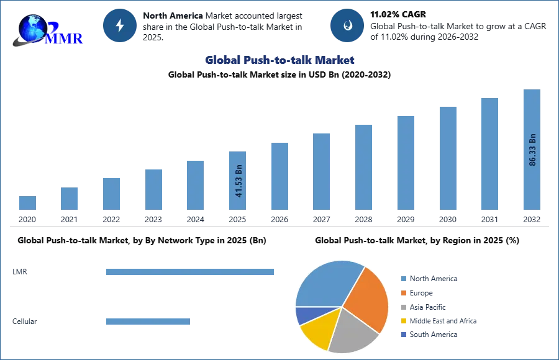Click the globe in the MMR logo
coord(32,27)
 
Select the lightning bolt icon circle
coord(120,25)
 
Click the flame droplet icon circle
coord(347,25)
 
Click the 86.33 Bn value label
coord(532,150)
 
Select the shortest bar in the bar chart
coord(27,203)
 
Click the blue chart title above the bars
coord(280,60)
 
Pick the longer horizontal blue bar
coord(191,272)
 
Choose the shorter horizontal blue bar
coord(148,322)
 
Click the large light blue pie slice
coord(326,283)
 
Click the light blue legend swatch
coord(402,278)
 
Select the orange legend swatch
coord(402,292)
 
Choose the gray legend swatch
coord(402,307)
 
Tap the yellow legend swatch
coord(402,322)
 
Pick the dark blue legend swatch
coord(402,334)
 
